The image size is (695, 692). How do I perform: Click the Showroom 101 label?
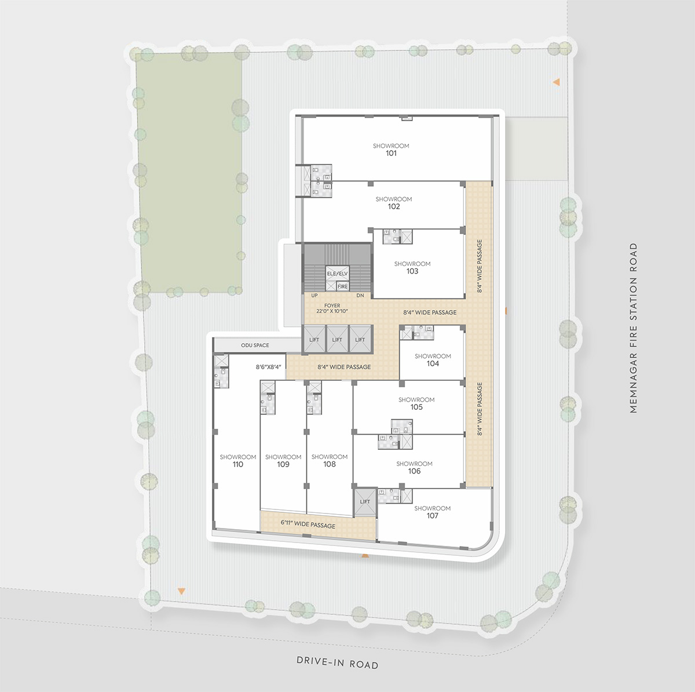[x=391, y=150]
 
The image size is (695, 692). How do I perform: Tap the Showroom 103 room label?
[x=412, y=268]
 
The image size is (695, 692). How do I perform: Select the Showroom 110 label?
[x=237, y=461]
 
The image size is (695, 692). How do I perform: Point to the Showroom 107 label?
[x=432, y=512]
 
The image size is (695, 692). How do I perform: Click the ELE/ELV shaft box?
[x=337, y=274]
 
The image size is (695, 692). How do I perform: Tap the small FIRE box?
[x=343, y=286]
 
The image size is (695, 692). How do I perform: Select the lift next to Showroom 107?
[x=365, y=502]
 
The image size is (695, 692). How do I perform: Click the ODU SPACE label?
[x=255, y=345]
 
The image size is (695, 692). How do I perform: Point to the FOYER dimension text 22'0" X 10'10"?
[x=332, y=311]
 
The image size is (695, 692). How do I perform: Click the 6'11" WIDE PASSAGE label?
[x=308, y=524]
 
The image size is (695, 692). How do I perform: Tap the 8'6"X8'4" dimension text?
[x=268, y=367]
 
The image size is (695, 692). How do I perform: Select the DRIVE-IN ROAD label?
[x=338, y=662]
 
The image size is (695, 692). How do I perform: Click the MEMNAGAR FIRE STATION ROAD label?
[x=634, y=328]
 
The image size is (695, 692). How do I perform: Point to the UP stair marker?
[x=314, y=295]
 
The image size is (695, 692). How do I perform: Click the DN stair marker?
[x=360, y=295]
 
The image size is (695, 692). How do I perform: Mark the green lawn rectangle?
[x=189, y=172]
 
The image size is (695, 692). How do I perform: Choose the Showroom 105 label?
[x=416, y=403]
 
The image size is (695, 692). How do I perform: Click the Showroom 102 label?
[x=393, y=202]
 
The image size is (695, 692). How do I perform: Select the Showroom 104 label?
[x=433, y=360]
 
